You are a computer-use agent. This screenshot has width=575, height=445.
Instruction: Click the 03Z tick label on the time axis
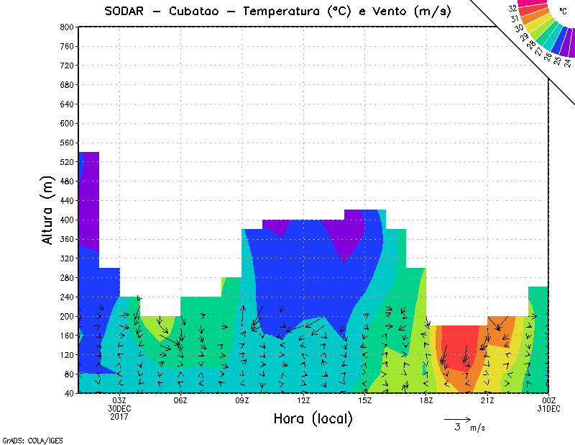click(x=119, y=400)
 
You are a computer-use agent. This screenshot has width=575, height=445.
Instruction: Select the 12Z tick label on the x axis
click(x=303, y=400)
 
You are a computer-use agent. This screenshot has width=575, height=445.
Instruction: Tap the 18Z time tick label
click(x=426, y=400)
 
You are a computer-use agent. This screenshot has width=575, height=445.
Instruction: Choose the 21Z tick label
click(x=487, y=400)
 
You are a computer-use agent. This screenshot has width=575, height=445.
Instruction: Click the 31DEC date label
click(x=548, y=408)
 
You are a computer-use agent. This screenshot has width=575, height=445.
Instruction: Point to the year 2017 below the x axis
click(x=119, y=416)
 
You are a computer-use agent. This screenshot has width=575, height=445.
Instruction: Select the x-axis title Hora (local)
click(x=313, y=419)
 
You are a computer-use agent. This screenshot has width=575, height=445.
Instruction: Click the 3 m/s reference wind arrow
click(x=457, y=418)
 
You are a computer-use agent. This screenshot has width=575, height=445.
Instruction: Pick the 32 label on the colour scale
click(x=513, y=8)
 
